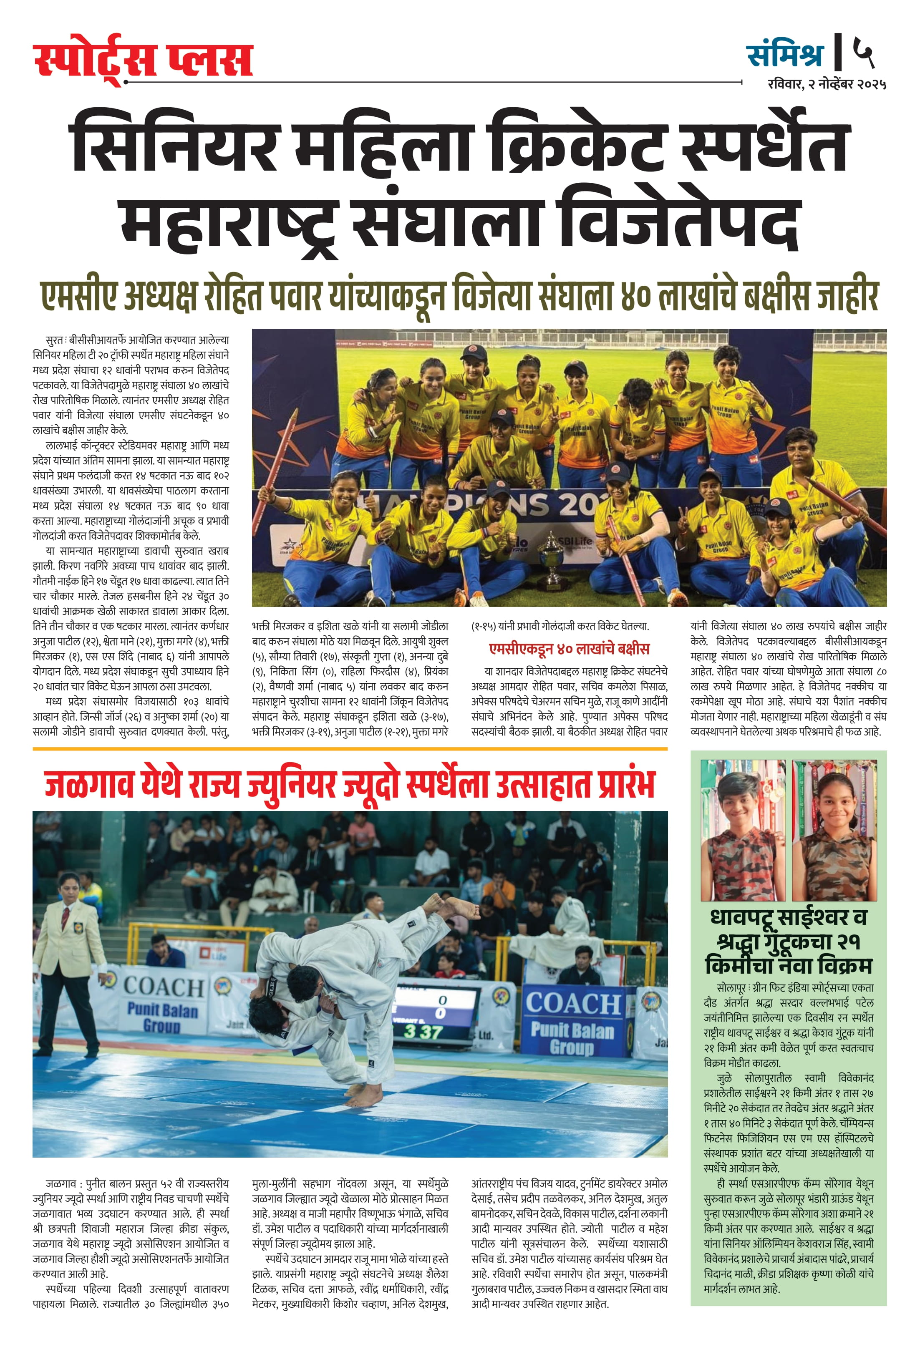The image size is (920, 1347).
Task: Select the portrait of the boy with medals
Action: (x=743, y=830)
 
